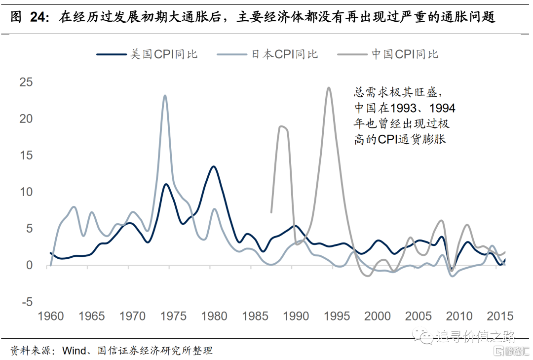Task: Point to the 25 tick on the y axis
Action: coord(25,82)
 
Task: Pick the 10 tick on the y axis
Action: coord(25,192)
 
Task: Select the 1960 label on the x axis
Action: coord(51,316)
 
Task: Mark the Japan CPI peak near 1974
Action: coord(165,95)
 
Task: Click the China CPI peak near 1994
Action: coord(328,88)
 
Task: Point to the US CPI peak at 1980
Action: coord(213,166)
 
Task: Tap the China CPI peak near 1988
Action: coord(281,126)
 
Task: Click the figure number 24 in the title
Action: coord(40,18)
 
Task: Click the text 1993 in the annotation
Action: coord(405,108)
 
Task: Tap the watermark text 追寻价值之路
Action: coord(476,337)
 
